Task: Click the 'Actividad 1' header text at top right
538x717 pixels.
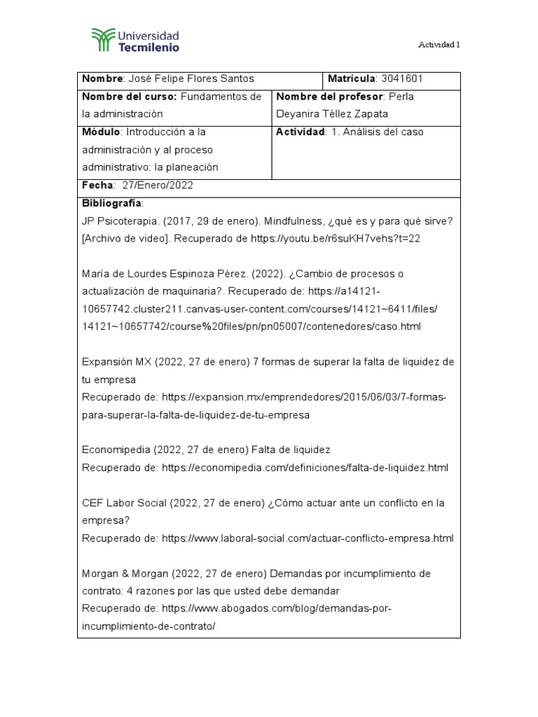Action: [439, 44]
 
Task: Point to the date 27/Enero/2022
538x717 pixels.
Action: [158, 186]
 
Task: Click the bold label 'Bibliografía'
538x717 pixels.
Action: [112, 203]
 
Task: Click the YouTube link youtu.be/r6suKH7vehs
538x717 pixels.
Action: [335, 238]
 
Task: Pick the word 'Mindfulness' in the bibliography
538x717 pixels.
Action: [298, 221]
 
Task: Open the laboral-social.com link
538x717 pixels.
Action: [308, 538]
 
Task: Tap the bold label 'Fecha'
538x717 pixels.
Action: [97, 186]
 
